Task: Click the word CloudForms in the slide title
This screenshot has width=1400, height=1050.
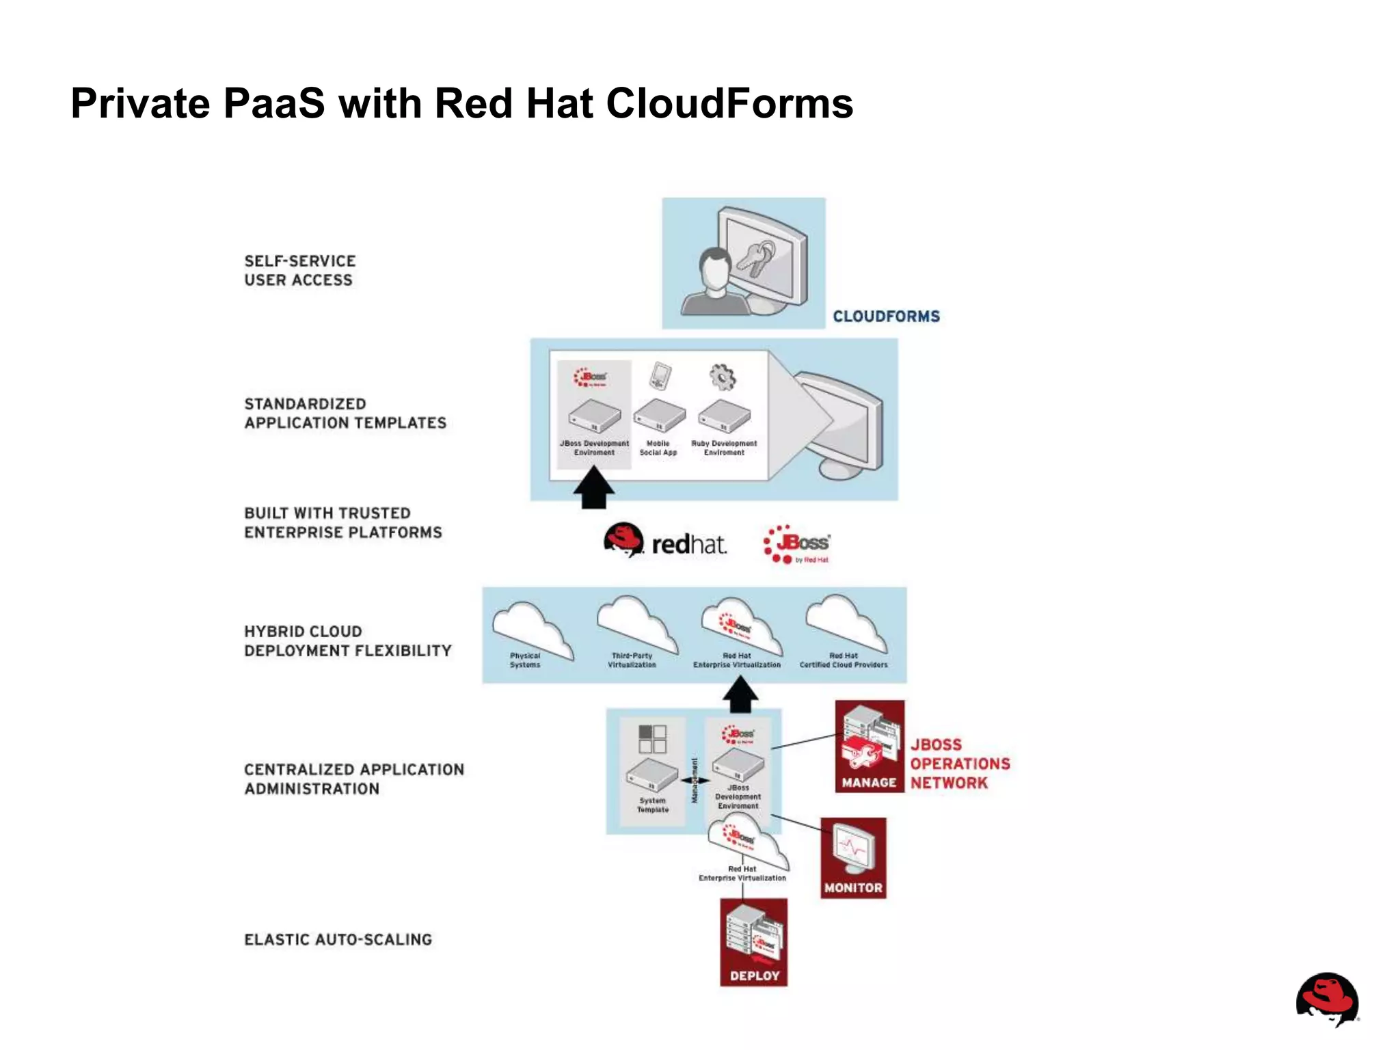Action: pyautogui.click(x=729, y=104)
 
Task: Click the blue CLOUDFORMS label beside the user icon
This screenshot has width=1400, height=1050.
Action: pyautogui.click(x=886, y=317)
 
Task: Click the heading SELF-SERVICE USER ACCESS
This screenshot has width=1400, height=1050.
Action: pyautogui.click(x=299, y=271)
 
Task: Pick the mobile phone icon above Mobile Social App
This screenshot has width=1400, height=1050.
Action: pyautogui.click(x=660, y=375)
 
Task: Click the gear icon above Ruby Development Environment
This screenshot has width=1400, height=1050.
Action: pyautogui.click(x=723, y=377)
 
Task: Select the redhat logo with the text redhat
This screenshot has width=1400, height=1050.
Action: pyautogui.click(x=664, y=541)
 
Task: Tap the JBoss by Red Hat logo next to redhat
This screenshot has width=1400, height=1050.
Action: pyautogui.click(x=797, y=544)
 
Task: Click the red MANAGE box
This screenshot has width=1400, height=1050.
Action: pyautogui.click(x=869, y=746)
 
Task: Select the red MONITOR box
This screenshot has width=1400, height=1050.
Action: pyautogui.click(x=853, y=858)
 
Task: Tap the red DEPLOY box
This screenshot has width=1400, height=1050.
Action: pyautogui.click(x=753, y=942)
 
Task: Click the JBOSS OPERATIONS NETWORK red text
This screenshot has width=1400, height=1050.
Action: pyautogui.click(x=959, y=764)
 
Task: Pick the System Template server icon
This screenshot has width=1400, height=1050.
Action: pyautogui.click(x=652, y=775)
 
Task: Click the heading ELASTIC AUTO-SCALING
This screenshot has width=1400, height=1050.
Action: pyautogui.click(x=338, y=940)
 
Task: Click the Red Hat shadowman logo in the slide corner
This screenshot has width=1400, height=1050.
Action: pyautogui.click(x=1326, y=999)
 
